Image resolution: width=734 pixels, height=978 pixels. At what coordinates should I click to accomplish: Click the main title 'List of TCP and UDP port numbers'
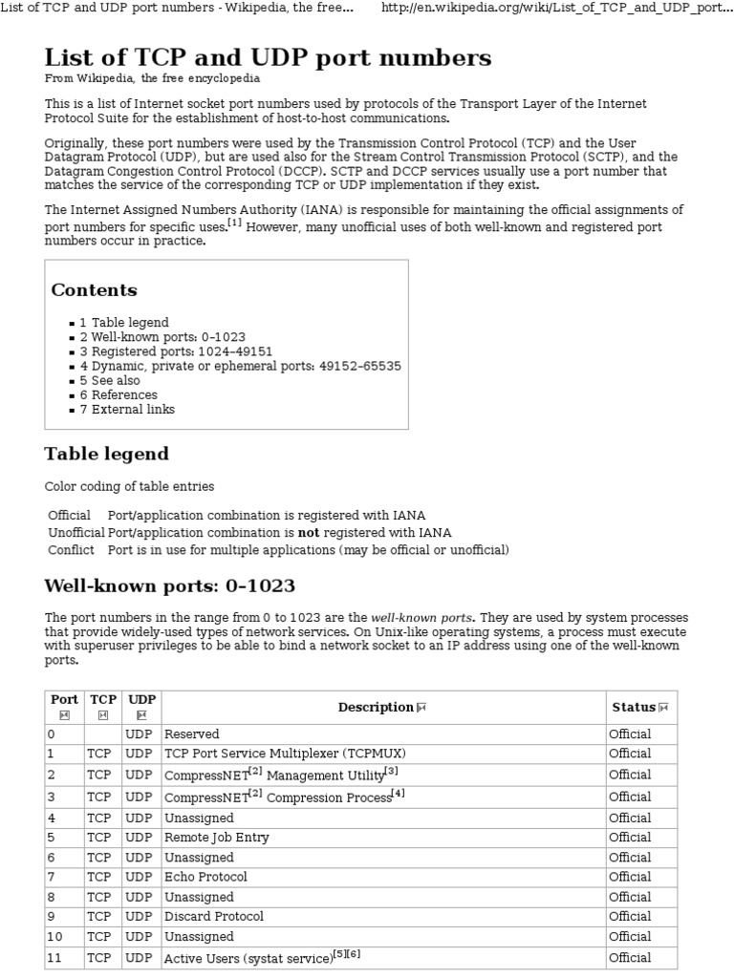(x=268, y=57)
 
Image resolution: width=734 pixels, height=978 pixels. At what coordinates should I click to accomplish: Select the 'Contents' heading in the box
(x=94, y=290)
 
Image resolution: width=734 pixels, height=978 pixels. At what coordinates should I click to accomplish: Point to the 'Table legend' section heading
(x=106, y=454)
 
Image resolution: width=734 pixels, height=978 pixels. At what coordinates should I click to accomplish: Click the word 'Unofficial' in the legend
(x=76, y=532)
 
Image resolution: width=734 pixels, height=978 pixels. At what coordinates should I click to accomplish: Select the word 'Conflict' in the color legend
(x=72, y=549)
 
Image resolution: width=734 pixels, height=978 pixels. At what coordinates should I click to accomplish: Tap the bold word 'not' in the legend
(x=309, y=532)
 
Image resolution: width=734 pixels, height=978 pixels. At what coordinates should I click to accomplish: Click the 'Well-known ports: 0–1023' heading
(x=169, y=585)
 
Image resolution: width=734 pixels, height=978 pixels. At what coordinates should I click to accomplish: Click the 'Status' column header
(x=634, y=707)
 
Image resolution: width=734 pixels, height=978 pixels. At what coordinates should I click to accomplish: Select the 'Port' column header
(x=64, y=699)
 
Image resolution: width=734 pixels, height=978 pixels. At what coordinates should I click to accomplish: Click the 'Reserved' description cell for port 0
(x=192, y=734)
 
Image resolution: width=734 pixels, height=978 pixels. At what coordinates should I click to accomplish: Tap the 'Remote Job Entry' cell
(x=217, y=838)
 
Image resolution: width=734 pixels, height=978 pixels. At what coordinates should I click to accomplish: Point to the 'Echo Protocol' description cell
(x=205, y=877)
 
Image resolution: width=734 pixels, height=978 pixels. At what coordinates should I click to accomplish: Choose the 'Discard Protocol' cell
(x=214, y=916)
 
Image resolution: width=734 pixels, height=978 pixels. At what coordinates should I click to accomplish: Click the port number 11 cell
(x=54, y=957)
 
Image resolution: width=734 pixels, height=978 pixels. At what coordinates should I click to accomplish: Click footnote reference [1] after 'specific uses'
(x=234, y=223)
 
